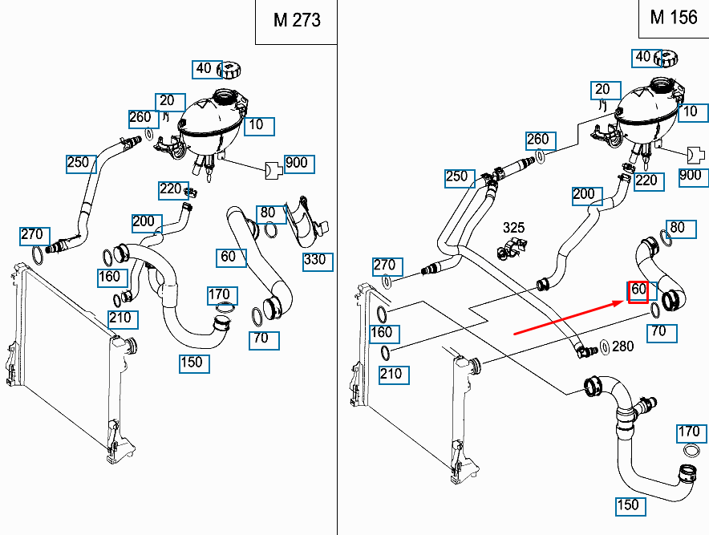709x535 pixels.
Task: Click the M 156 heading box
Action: click(674, 18)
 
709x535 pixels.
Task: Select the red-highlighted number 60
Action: click(638, 290)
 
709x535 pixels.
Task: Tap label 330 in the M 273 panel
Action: click(314, 260)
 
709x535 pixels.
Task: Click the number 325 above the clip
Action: click(513, 229)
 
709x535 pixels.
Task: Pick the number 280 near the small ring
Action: click(622, 347)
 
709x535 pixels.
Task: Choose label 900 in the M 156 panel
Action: click(690, 176)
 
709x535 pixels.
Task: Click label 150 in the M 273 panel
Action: click(192, 363)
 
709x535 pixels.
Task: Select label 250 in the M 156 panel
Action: click(456, 177)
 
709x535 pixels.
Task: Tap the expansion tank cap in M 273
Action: click(231, 69)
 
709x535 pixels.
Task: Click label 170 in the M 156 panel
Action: click(689, 432)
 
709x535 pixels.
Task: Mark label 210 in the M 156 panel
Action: click(392, 374)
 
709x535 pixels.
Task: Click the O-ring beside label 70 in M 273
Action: click(257, 314)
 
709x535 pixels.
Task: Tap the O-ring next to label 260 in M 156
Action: click(541, 155)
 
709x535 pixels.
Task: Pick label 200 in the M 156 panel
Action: click(584, 195)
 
